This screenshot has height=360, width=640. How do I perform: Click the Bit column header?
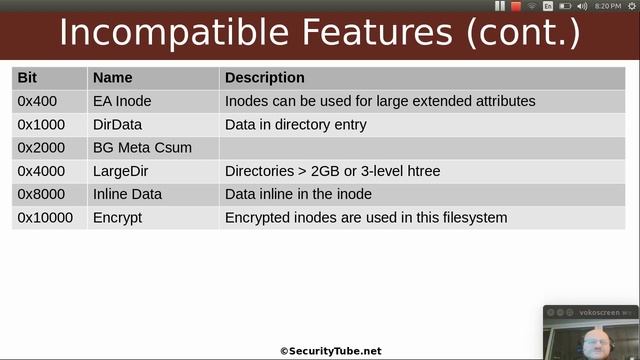click(x=27, y=78)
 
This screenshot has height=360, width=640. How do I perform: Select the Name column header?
click(x=112, y=78)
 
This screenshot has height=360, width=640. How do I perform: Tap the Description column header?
click(x=265, y=78)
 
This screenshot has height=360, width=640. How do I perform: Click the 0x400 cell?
click(x=37, y=101)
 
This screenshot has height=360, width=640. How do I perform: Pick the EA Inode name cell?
click(x=123, y=101)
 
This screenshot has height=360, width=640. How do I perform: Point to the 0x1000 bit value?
click(x=41, y=124)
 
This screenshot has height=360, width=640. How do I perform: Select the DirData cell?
click(x=118, y=124)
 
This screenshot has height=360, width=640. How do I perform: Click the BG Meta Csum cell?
click(x=142, y=148)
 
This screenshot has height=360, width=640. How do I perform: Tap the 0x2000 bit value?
click(x=41, y=148)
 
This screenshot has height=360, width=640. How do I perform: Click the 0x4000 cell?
click(x=41, y=171)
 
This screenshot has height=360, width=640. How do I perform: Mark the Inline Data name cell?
click(x=127, y=194)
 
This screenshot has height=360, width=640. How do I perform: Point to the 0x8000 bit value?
click(x=41, y=194)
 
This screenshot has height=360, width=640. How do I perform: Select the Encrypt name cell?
click(x=118, y=217)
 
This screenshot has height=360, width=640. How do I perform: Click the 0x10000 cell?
click(x=45, y=217)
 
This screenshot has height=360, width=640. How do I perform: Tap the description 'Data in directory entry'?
click(x=296, y=124)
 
